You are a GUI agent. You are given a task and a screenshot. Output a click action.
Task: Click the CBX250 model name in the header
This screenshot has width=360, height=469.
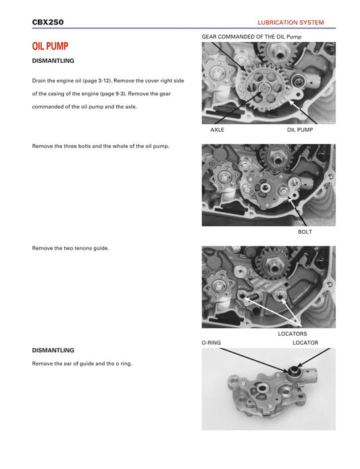pyautogui.click(x=48, y=22)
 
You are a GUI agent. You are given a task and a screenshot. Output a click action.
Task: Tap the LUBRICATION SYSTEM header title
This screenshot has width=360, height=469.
pyautogui.click(x=290, y=22)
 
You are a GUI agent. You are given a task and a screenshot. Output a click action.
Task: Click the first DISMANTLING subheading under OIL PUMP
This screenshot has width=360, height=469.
pyautogui.click(x=53, y=61)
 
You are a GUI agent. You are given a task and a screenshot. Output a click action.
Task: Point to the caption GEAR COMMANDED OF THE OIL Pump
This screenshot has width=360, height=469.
pyautogui.click(x=251, y=36)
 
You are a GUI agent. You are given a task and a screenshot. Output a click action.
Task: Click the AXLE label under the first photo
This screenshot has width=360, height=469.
pyautogui.click(x=217, y=129)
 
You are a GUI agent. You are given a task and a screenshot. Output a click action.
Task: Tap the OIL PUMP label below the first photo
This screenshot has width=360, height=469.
pyautogui.click(x=300, y=129)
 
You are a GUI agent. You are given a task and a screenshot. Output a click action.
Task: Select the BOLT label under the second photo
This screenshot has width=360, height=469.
pyautogui.click(x=305, y=232)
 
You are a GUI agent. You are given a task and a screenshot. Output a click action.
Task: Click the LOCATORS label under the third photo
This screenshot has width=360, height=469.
pyautogui.click(x=292, y=334)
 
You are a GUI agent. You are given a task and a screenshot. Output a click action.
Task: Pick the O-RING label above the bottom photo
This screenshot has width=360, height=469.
pyautogui.click(x=211, y=343)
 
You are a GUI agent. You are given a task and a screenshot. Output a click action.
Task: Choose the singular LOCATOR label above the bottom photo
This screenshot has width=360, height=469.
pyautogui.click(x=305, y=343)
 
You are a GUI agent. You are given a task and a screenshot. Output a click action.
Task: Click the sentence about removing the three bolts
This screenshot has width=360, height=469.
pyautogui.click(x=101, y=146)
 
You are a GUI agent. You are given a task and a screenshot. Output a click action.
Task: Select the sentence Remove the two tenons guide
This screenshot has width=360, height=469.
pyautogui.click(x=70, y=248)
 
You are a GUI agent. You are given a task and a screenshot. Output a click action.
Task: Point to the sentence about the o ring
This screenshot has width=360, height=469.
pyautogui.click(x=82, y=364)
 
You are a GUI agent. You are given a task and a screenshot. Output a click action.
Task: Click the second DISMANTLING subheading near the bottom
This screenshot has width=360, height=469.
pyautogui.click(x=53, y=350)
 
